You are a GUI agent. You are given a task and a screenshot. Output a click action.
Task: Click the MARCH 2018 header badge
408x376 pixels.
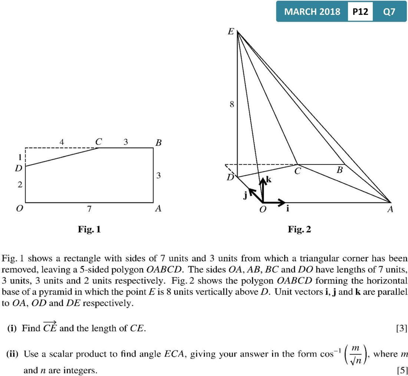tap(312, 12)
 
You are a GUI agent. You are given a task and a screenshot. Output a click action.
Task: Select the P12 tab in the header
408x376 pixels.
tap(361, 12)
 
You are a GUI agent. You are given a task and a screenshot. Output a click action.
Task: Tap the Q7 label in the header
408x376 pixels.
tap(389, 12)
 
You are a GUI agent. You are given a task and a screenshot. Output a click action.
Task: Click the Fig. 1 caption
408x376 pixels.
tap(89, 229)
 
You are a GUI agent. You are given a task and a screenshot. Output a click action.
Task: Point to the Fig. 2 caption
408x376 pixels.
tap(299, 229)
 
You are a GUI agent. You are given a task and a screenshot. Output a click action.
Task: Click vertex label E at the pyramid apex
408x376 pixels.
tap(230, 32)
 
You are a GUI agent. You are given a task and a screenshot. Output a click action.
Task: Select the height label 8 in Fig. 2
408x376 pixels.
tap(231, 105)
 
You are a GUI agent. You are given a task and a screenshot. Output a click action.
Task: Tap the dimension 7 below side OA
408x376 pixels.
tap(89, 209)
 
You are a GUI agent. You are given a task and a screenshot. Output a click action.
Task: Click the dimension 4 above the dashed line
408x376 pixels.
tap(62, 141)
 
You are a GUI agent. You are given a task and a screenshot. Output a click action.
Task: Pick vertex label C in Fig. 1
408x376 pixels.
tap(98, 141)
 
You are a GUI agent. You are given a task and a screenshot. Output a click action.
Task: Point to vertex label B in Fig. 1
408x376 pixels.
tap(158, 143)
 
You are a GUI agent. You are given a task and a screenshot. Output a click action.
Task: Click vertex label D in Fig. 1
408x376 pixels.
tap(18, 168)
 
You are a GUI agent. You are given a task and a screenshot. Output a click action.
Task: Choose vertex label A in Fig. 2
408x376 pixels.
tap(389, 209)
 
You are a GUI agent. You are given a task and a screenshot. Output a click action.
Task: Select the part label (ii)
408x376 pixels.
tap(13, 354)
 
